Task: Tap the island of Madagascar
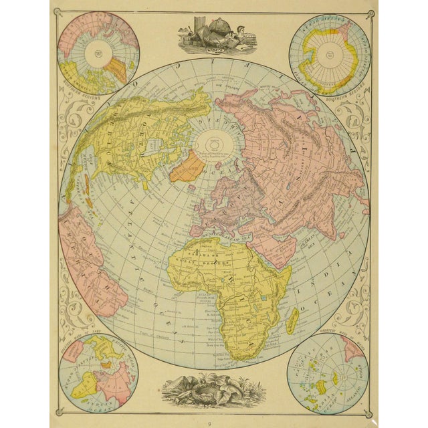point(293,318)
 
